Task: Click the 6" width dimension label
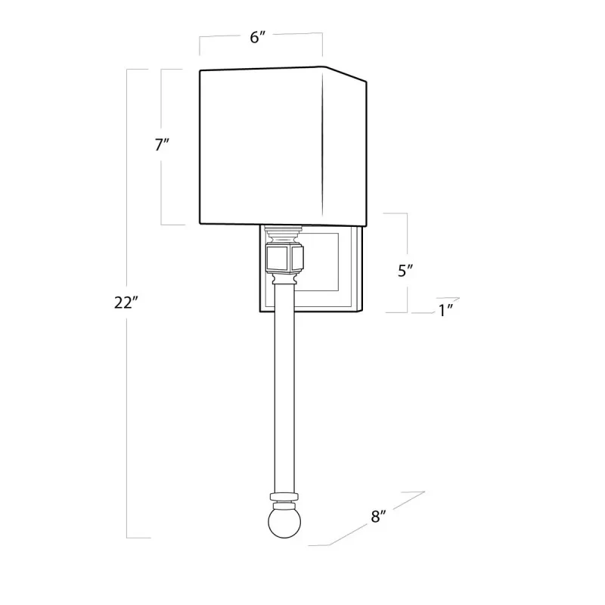pos(258,37)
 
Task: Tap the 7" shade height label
pos(162,144)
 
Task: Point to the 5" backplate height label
pos(405,271)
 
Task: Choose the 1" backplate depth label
pos(445,311)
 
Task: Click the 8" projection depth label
pos(378,517)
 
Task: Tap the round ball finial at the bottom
pos(284,523)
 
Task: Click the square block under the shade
pos(285,256)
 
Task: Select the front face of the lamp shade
pos(261,146)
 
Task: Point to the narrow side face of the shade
pos(345,147)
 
